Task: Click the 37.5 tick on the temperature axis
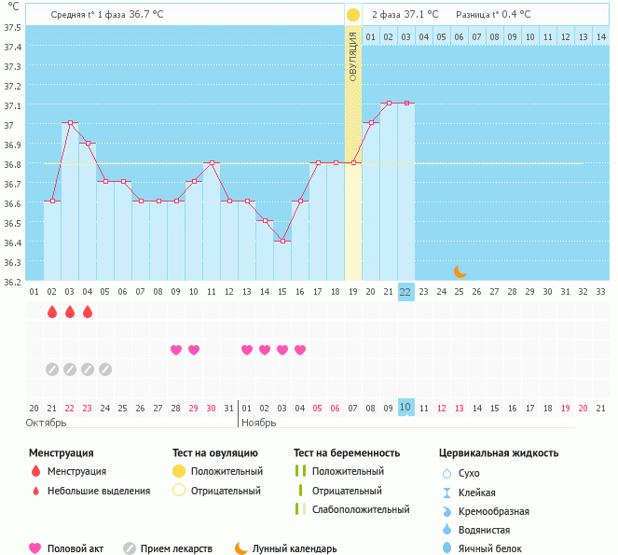point(12,27)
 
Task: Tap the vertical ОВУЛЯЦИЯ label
point(353,56)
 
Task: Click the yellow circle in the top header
point(353,15)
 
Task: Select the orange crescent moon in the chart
point(460,271)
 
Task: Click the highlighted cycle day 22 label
point(405,291)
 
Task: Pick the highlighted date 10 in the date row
point(405,407)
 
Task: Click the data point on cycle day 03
point(70,123)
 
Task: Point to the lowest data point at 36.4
point(282,241)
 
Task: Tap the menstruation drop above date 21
point(52,312)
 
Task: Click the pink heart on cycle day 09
point(176,350)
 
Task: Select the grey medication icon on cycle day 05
point(105,368)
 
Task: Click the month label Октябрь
point(47,423)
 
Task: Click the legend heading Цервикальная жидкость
point(499,453)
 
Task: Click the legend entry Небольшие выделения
point(99,491)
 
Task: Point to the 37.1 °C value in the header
point(419,15)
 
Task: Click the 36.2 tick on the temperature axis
point(12,281)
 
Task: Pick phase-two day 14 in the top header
point(600,36)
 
